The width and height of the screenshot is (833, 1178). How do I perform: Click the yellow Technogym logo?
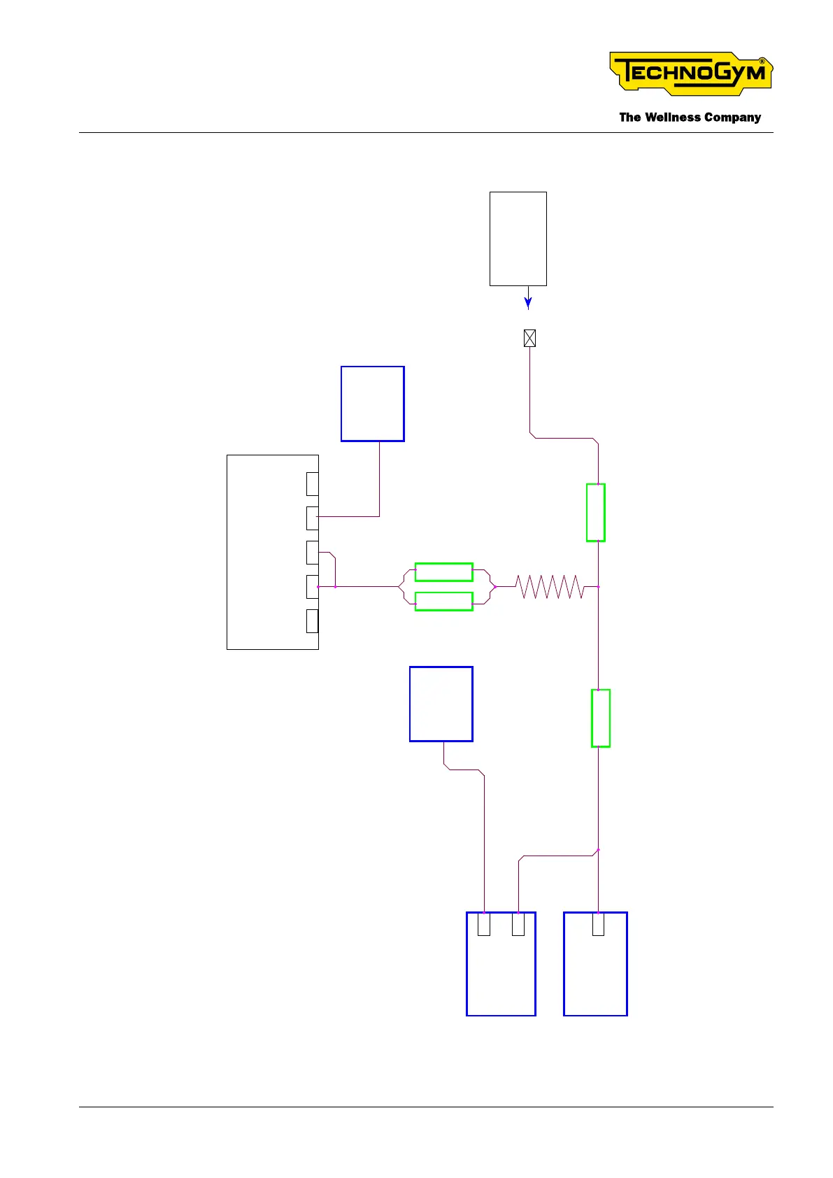point(690,73)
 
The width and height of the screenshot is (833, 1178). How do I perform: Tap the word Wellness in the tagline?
point(672,118)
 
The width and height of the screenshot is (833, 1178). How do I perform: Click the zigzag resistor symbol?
point(550,587)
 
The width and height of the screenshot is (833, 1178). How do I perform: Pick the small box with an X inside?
point(529,339)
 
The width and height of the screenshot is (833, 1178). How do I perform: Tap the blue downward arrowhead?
point(528,303)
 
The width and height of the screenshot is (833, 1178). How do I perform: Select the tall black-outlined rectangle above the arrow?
point(518,239)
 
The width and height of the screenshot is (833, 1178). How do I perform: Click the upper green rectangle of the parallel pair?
point(443,572)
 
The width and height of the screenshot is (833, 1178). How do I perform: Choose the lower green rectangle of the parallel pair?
point(443,602)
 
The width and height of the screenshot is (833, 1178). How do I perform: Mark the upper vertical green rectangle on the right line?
point(595,512)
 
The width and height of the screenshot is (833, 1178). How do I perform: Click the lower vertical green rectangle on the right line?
point(600,718)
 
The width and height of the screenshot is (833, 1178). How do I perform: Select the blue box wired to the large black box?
point(372,404)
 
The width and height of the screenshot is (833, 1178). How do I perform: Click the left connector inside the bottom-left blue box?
point(484,924)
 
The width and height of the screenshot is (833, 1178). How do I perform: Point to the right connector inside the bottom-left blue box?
point(518,924)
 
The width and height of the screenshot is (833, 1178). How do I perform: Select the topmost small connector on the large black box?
point(313,483)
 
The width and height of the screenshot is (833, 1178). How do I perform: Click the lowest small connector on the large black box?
point(313,620)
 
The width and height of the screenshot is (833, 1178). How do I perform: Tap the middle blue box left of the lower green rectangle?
point(441,704)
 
